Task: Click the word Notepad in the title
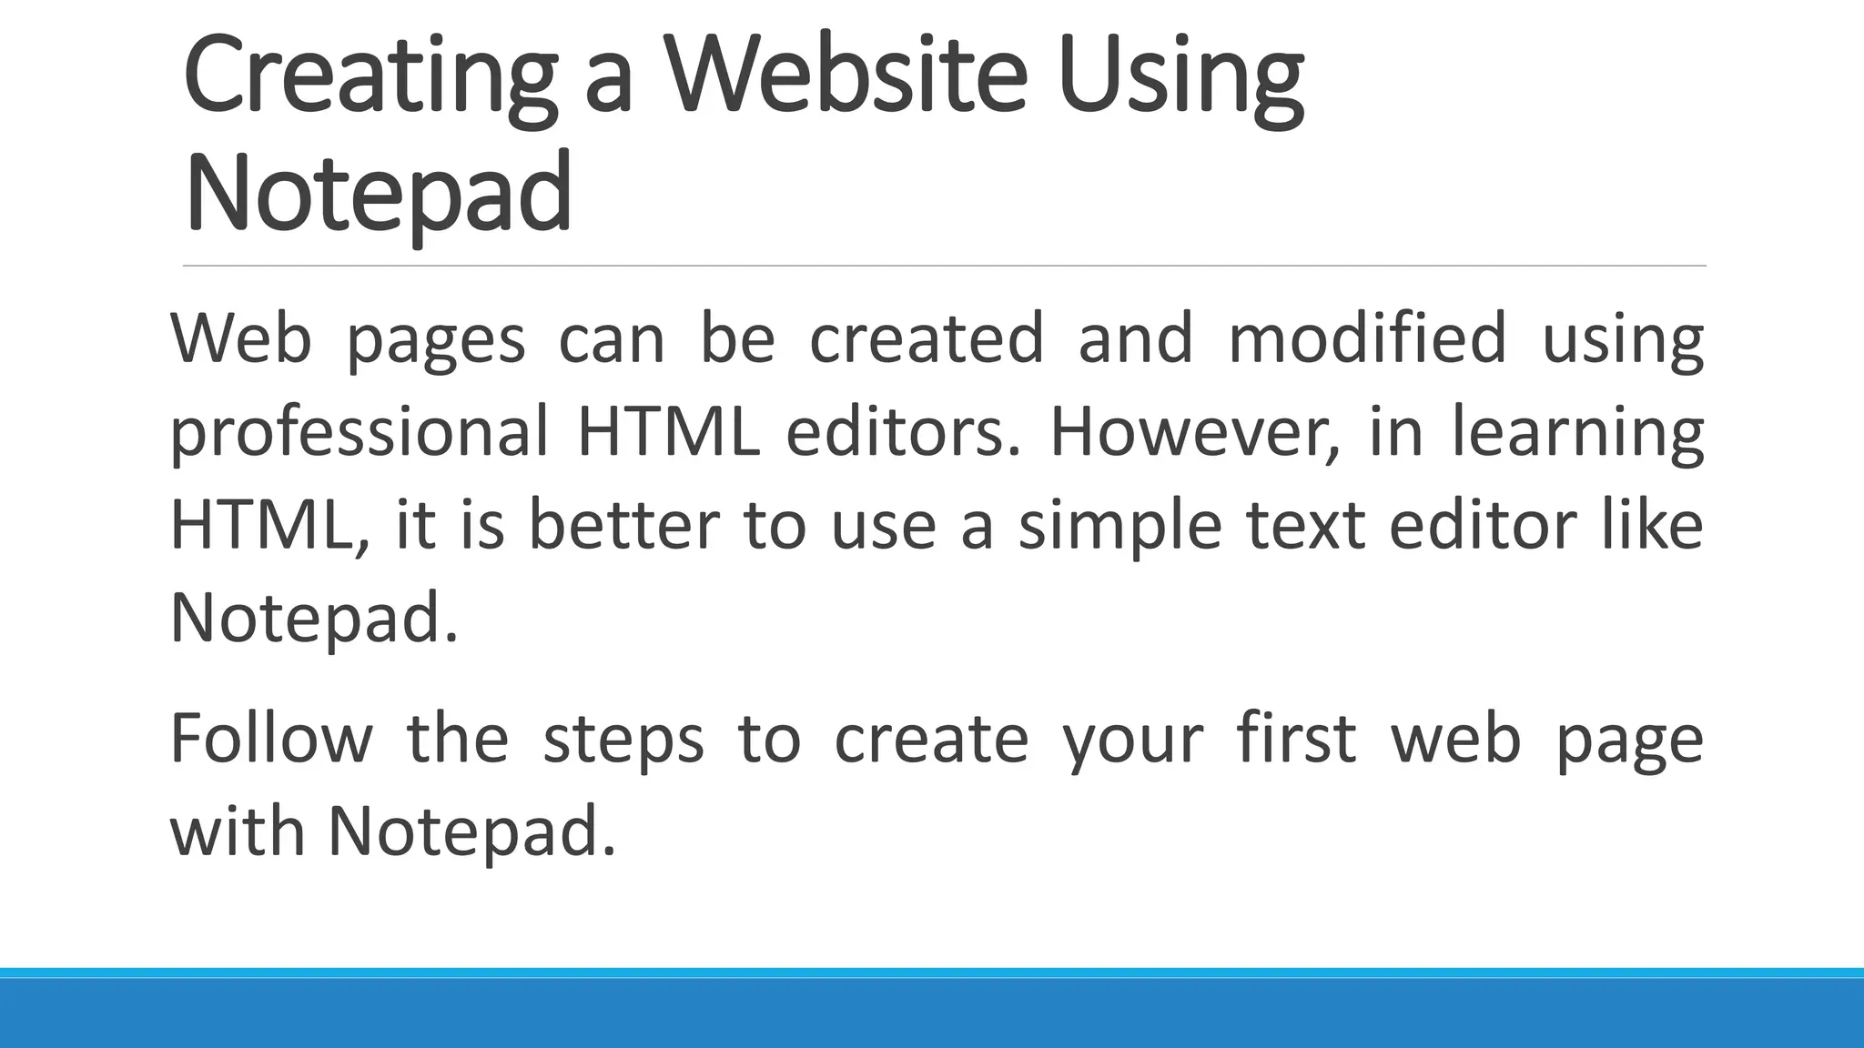[378, 193]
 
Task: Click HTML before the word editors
[668, 431]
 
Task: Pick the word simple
[1119, 528]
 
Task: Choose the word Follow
[271, 738]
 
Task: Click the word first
[1297, 738]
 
